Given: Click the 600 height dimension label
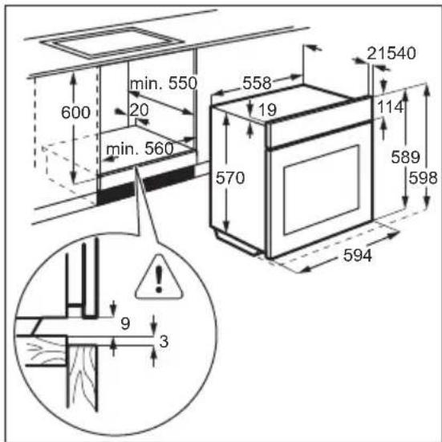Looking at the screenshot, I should tap(75, 113).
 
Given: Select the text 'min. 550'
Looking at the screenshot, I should tap(164, 84).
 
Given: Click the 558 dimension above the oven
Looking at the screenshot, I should tap(257, 82).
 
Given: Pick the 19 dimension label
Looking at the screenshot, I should tap(269, 109).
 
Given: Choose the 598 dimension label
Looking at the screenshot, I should tap(422, 177).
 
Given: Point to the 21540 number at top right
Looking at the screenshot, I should tap(392, 54).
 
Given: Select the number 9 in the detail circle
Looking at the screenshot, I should tap(124, 326).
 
